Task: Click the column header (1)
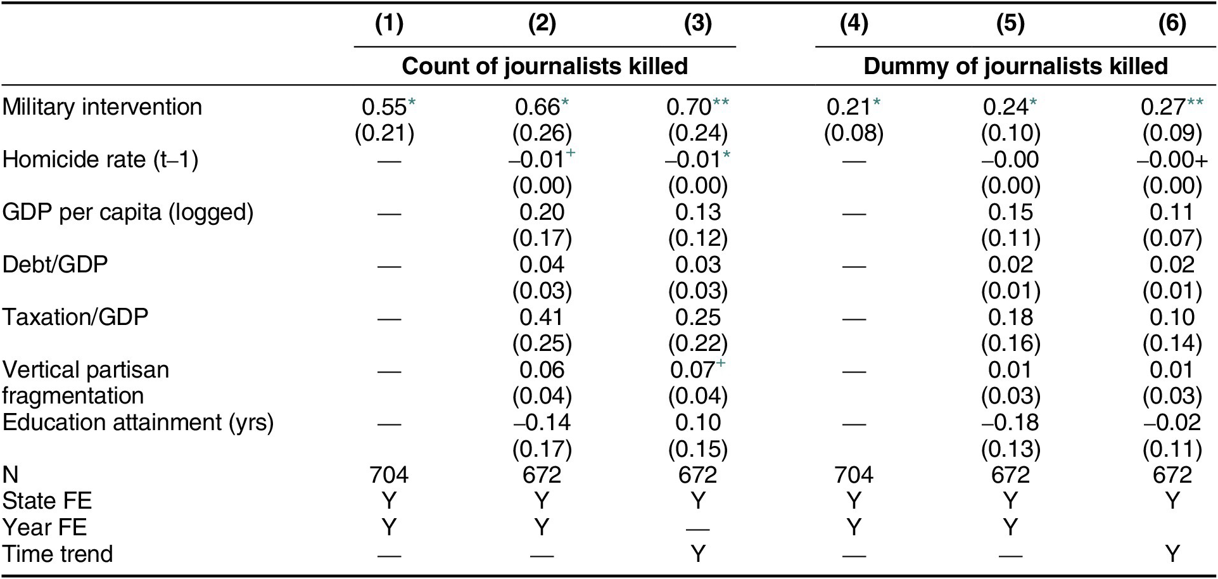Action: (389, 23)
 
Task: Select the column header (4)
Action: (854, 23)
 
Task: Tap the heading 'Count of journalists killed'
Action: (545, 66)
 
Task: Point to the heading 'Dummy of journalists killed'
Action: (1016, 66)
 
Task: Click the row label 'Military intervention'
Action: (102, 106)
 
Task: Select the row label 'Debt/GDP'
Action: (55, 264)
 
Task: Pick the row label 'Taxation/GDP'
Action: (75, 316)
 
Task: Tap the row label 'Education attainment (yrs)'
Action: (138, 422)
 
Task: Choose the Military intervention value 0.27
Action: (1164, 107)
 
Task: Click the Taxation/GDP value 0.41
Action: (542, 317)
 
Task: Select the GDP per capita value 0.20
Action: (542, 212)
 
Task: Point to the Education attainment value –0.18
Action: (1010, 423)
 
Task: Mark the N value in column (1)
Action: (389, 474)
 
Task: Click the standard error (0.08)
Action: (854, 133)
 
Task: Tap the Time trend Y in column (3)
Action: (697, 554)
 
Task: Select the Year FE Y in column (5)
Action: (1010, 527)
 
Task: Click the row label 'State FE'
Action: (47, 500)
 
